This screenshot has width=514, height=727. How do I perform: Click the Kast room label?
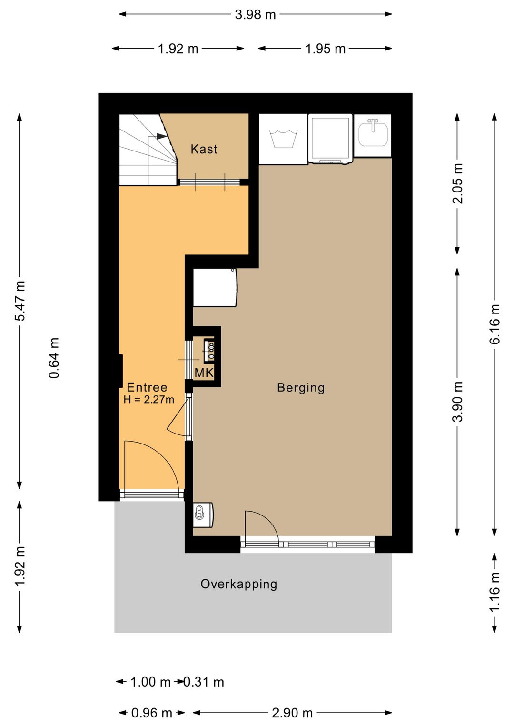204,149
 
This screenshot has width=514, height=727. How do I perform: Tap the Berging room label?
301,388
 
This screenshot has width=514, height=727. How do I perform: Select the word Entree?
147,387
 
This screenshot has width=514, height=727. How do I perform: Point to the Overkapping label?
239,584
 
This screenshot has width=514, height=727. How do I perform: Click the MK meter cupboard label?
204,373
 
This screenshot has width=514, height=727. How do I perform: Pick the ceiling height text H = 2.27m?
149,400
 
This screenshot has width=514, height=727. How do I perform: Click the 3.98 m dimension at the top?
255,15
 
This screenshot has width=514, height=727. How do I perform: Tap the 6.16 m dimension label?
495,324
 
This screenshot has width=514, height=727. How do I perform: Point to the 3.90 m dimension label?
457,402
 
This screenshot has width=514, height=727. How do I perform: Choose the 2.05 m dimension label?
457,183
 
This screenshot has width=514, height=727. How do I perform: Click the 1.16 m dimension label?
495,592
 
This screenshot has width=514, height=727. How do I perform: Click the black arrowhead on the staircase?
161,136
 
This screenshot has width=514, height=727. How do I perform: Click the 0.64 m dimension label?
54,358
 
